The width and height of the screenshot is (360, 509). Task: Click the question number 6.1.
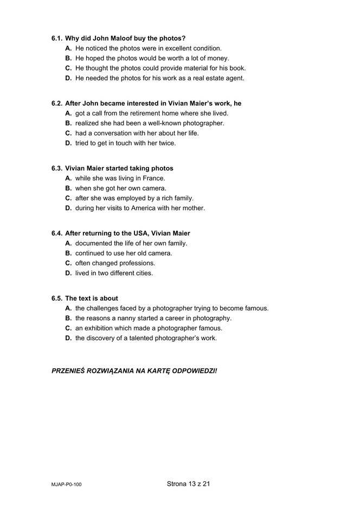pyautogui.click(x=57, y=39)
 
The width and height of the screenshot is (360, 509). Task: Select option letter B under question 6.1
pyautogui.click(x=68, y=59)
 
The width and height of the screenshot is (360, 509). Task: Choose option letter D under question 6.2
pyautogui.click(x=68, y=143)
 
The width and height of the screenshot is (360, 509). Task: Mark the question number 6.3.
pyautogui.click(x=57, y=168)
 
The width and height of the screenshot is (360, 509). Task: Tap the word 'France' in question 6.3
pyautogui.click(x=153, y=178)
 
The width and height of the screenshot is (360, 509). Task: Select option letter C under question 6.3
pyautogui.click(x=68, y=198)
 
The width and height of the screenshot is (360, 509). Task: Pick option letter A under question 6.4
pyautogui.click(x=68, y=243)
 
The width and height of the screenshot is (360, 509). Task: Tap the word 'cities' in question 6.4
pyautogui.click(x=143, y=273)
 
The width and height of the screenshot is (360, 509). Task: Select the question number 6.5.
pyautogui.click(x=57, y=298)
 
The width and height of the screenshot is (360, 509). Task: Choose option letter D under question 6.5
pyautogui.click(x=68, y=338)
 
